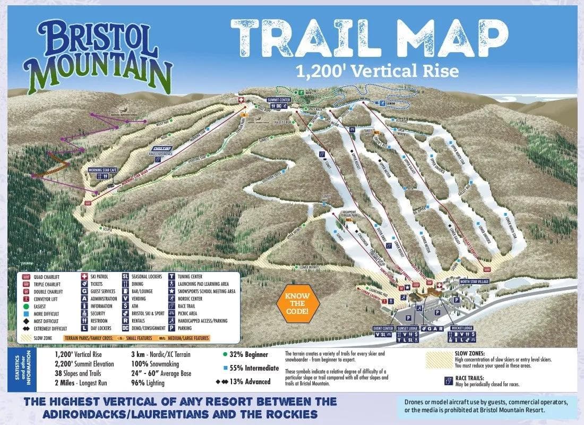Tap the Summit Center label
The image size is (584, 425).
279,100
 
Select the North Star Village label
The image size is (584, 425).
475,281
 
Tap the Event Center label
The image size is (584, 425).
384,328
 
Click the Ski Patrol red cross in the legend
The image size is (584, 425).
84,276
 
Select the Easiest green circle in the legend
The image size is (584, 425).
25,306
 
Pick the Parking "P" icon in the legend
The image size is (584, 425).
173,328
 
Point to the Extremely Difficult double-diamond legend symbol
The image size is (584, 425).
25,328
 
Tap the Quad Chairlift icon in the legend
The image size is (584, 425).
25,276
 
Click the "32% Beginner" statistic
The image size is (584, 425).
247,354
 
